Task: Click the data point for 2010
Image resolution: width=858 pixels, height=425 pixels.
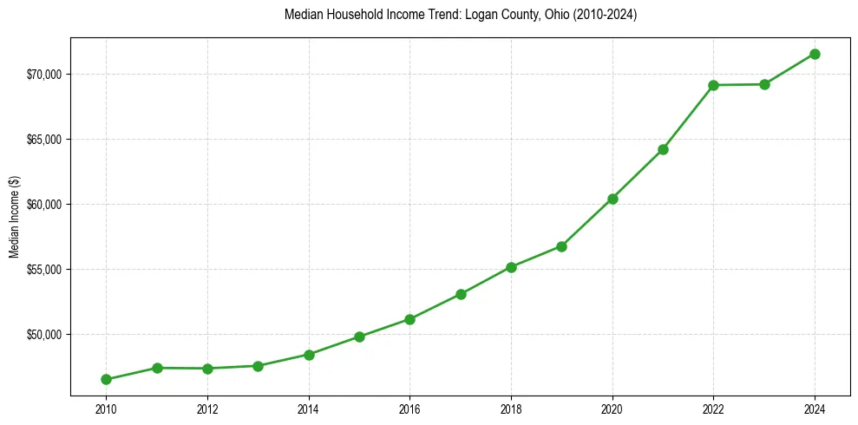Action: [x=106, y=379]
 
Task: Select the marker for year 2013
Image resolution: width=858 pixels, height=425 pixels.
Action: [x=258, y=366]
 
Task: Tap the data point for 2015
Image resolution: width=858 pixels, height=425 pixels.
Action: [x=359, y=337]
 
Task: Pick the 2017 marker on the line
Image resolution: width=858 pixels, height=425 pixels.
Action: [x=461, y=294]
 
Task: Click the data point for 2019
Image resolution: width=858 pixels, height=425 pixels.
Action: [x=561, y=246]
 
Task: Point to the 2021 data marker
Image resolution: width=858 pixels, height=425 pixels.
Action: [x=663, y=149]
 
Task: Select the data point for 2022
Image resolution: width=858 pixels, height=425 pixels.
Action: [x=713, y=85]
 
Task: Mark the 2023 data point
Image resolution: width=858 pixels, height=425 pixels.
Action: [x=764, y=84]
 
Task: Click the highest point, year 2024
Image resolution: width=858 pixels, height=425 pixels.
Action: [x=815, y=54]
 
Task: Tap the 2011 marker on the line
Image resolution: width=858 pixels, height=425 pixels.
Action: [x=157, y=368]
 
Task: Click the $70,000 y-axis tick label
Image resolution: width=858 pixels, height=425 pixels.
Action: [x=43, y=75]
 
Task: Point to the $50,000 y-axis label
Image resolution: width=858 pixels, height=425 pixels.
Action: [x=43, y=335]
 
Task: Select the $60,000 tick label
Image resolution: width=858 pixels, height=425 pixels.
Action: [x=43, y=205]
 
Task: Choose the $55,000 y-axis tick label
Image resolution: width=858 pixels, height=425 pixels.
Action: [x=43, y=270]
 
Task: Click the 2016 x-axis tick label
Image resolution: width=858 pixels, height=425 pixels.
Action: [x=409, y=408]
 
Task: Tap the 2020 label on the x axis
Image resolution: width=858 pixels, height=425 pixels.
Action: [x=612, y=408]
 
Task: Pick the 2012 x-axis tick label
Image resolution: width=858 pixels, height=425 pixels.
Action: [x=207, y=408]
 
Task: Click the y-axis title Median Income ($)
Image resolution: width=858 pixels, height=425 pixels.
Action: [x=14, y=217]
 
